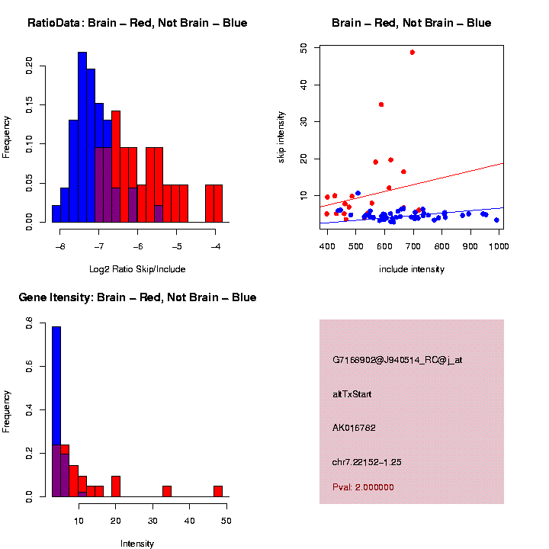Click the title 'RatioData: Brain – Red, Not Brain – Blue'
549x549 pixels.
pyautogui.click(x=137, y=23)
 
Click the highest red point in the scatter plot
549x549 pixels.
pyautogui.click(x=412, y=52)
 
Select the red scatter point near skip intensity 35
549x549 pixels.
pyautogui.click(x=381, y=104)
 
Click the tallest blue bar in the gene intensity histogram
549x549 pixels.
pyautogui.click(x=56, y=412)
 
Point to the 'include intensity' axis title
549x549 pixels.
pyautogui.click(x=412, y=269)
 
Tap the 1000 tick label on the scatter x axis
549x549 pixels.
pyautogui.click(x=499, y=246)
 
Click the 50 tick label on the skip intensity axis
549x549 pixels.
pyautogui.click(x=303, y=47)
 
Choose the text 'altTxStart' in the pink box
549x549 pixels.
pyautogui.click(x=352, y=394)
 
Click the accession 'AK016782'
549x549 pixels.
pyautogui.click(x=355, y=428)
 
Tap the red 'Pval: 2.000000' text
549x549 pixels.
pyautogui.click(x=363, y=486)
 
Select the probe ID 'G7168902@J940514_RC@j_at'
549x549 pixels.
pyautogui.click(x=397, y=360)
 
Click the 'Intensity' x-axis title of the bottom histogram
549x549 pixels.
pyautogui.click(x=137, y=544)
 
